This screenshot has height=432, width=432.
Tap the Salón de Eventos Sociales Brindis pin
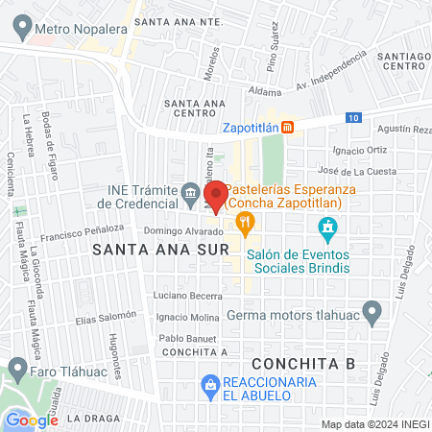coord(328,228)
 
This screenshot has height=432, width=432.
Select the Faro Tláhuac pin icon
coord(17,369)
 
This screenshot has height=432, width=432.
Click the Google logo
coord(32,420)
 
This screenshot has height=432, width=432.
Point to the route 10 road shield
coord(354,117)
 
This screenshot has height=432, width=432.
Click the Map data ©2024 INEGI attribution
coord(373,424)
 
